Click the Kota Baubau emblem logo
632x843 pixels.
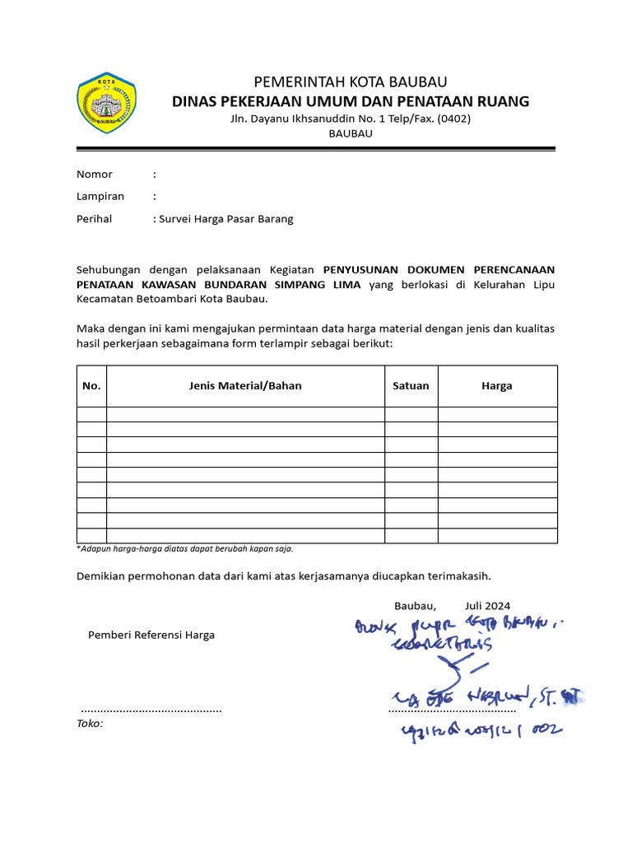point(105,103)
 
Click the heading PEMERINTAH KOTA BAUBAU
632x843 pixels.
point(350,82)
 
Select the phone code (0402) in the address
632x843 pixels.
point(454,119)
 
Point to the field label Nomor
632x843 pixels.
point(94,175)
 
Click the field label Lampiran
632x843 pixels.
point(100,197)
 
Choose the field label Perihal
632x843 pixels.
point(95,219)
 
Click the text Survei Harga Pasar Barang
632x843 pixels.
point(226,219)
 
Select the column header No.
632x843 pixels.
point(91,386)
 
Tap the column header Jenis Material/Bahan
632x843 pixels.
point(245,386)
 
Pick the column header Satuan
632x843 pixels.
point(411,386)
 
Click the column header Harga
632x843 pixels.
point(497,386)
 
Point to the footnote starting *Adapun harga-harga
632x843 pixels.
point(184,548)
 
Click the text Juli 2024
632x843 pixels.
point(487,606)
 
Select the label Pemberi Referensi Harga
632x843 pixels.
point(151,635)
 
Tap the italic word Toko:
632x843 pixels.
point(90,724)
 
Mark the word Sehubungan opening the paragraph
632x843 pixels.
point(109,270)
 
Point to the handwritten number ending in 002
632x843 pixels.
point(481,729)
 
